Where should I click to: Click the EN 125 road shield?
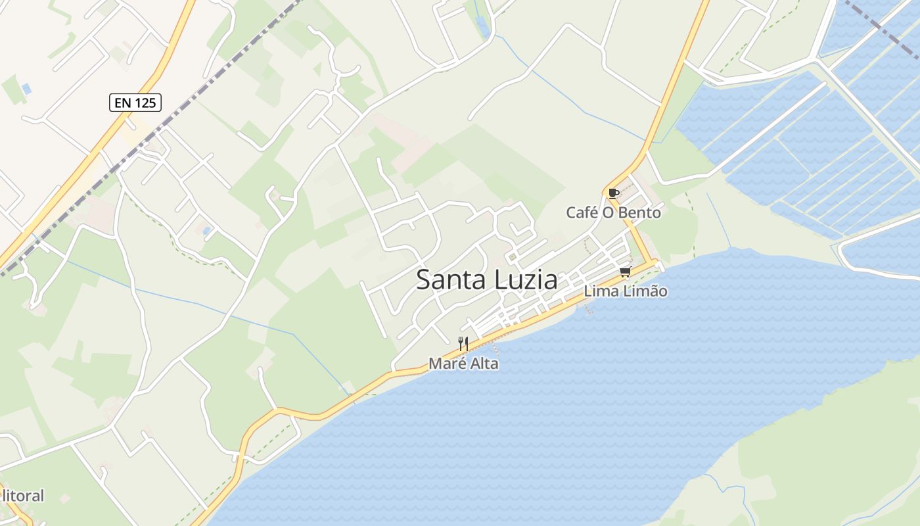pos(135,102)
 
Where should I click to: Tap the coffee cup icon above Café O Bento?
pos(613,193)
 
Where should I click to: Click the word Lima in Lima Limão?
pos(600,291)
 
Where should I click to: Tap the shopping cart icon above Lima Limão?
pos(625,272)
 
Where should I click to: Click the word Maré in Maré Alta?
pos(445,363)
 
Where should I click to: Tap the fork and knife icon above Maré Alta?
pos(463,343)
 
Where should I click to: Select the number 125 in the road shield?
pos(146,102)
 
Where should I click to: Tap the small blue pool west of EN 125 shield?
pos(26,88)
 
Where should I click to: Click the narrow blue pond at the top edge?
pos(483,26)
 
